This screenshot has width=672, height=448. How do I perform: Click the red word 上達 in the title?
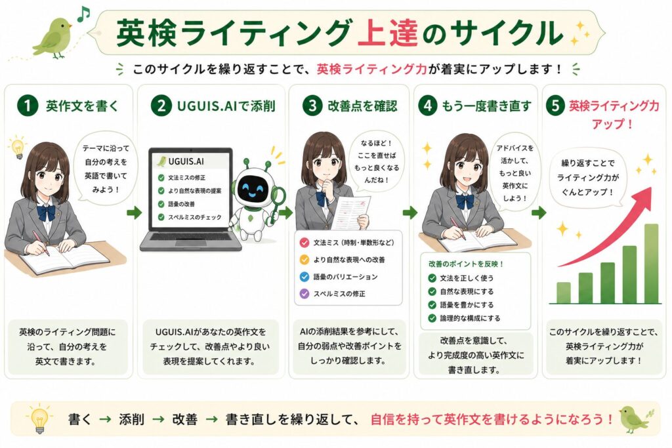coord(387,33)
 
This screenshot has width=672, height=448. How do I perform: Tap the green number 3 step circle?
coord(312,106)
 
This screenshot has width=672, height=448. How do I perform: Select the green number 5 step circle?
coord(555,106)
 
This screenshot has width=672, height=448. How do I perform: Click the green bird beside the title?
coord(52,37)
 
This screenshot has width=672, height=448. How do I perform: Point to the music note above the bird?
coord(83,14)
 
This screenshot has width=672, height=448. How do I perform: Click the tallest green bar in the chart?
coord(651,264)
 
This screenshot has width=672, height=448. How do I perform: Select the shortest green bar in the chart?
coord(563,293)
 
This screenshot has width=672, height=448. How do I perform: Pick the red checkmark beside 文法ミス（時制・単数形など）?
coord(304,243)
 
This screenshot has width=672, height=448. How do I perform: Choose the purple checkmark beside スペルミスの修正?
coord(304,294)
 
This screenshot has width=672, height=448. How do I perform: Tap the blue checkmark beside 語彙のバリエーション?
coord(304,277)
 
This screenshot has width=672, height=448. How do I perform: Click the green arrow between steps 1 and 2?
coord(134,212)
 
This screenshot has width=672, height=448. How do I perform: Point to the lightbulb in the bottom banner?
coord(39,419)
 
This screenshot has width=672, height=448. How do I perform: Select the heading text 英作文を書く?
coord(82,106)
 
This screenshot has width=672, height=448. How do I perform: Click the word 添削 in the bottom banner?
coord(131,419)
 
